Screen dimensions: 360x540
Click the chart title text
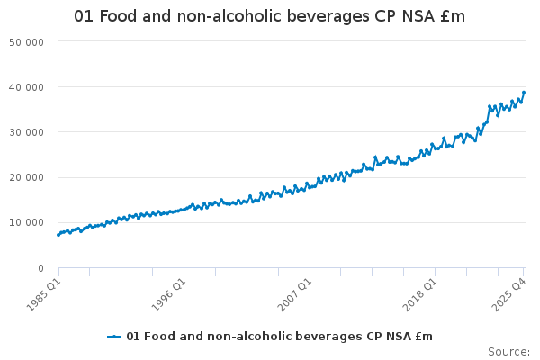pyautogui.click(x=270, y=17)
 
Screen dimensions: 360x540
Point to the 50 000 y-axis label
pyautogui.click(x=28, y=42)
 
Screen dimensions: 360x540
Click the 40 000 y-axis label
pyautogui.click(x=28, y=87)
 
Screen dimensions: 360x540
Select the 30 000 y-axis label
pyautogui.click(x=28, y=132)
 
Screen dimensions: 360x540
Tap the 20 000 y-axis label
pyautogui.click(x=28, y=177)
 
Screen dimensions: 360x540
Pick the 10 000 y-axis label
pyautogui.click(x=28, y=222)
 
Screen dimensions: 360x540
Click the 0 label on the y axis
pyautogui.click(x=41, y=267)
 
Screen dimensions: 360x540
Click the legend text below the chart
pyautogui.click(x=279, y=337)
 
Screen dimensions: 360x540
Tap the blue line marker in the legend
pyautogui.click(x=114, y=337)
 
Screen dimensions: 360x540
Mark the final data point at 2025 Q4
pyautogui.click(x=524, y=93)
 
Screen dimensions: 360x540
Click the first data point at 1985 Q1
pyautogui.click(x=58, y=235)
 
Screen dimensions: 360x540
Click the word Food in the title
pyautogui.click(x=117, y=17)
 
